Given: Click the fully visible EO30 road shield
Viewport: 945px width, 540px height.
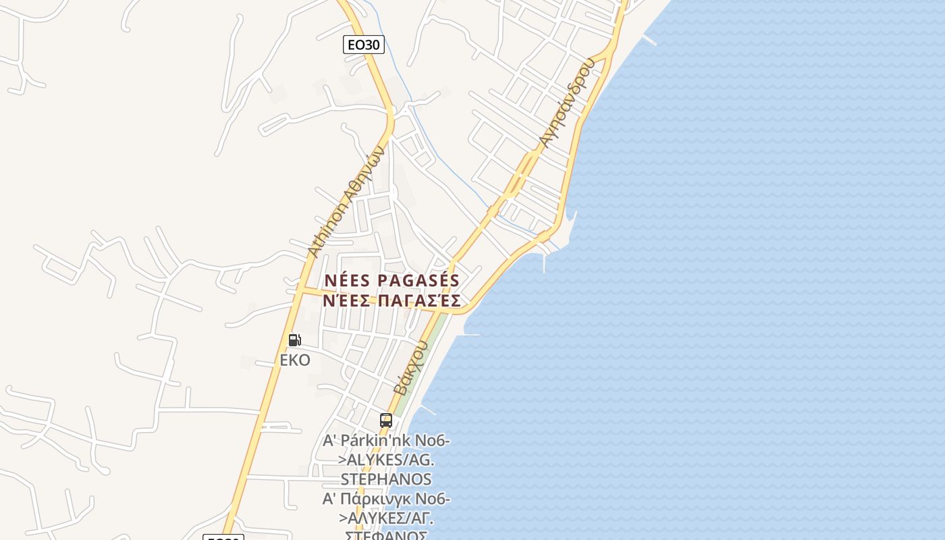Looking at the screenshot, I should click(x=363, y=45).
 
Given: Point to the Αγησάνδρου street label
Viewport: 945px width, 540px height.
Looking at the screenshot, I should click(x=567, y=103).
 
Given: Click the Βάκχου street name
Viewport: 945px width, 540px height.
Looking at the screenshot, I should click(x=411, y=369).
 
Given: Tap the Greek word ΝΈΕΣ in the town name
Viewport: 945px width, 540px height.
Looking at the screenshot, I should click(x=346, y=300).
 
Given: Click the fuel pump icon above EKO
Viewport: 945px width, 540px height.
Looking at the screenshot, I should click(x=294, y=340).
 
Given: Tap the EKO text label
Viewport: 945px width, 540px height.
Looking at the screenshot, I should click(x=295, y=360).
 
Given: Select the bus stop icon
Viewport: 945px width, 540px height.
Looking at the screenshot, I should click(x=385, y=420).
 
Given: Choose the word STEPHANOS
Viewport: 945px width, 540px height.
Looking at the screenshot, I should click(x=386, y=479).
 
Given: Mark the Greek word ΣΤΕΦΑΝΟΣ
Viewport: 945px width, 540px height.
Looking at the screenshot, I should click(x=386, y=535).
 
